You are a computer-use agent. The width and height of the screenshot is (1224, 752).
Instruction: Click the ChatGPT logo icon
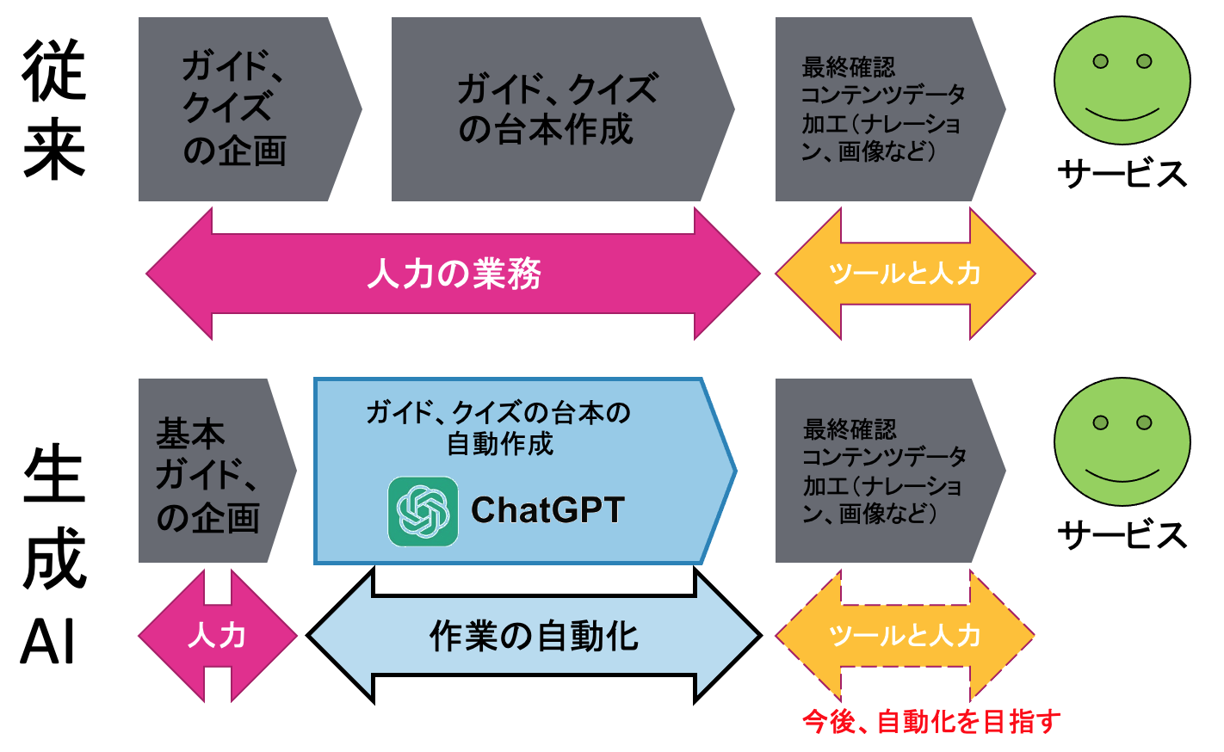click(x=423, y=512)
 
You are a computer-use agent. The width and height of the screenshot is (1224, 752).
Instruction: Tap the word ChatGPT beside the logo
click(x=547, y=509)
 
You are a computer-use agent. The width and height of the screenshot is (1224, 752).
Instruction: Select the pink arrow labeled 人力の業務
click(x=453, y=273)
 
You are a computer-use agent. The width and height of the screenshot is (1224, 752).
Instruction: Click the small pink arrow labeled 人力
click(x=218, y=636)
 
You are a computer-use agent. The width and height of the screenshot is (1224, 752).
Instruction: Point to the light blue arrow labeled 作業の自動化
click(x=534, y=636)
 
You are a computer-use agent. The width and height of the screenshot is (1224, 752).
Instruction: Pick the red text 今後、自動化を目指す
click(x=931, y=722)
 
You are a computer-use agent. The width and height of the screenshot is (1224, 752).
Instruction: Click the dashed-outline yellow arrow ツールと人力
click(x=906, y=636)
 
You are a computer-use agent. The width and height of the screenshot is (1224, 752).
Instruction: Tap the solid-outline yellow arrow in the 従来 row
click(x=906, y=273)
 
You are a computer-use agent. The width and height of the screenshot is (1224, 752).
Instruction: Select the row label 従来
click(x=54, y=109)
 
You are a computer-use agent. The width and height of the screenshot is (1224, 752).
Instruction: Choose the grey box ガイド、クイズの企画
click(x=250, y=109)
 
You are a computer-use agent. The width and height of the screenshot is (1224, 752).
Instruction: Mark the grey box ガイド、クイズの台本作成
click(x=563, y=109)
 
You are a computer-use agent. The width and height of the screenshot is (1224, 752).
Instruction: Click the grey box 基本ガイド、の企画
click(x=218, y=471)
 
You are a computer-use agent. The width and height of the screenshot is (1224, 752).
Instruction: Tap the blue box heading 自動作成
click(x=500, y=443)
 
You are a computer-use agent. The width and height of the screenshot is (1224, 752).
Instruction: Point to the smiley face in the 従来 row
click(x=1122, y=81)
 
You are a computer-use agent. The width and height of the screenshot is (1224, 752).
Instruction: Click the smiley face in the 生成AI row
click(x=1122, y=441)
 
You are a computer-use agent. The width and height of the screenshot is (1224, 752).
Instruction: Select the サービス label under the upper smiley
click(x=1122, y=174)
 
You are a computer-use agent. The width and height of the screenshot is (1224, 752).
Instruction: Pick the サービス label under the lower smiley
click(x=1122, y=534)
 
